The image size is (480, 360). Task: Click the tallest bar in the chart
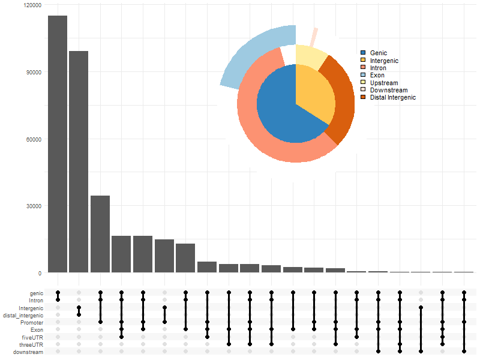coord(58,144)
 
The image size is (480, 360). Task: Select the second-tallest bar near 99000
coord(79,162)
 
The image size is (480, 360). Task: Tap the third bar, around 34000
coord(100,234)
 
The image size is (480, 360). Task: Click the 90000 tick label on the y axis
coord(32,72)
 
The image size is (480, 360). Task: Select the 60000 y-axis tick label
coord(32,139)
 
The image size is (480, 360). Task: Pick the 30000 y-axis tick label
coord(32,206)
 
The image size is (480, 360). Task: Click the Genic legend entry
coord(379,53)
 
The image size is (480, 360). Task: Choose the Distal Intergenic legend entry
coord(392,97)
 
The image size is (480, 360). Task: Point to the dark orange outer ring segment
coord(343,102)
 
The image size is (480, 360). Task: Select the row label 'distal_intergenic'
coord(23,315)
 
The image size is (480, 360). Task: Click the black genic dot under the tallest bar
coord(58,293)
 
